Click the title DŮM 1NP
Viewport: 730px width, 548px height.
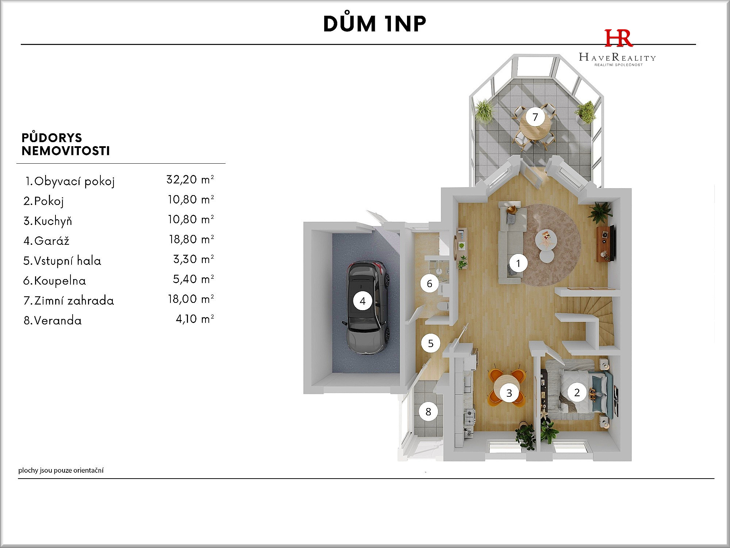click(x=374, y=24)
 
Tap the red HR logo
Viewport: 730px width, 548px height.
click(x=618, y=38)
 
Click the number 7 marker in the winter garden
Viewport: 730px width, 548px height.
click(x=535, y=117)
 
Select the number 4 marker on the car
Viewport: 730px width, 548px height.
click(x=362, y=301)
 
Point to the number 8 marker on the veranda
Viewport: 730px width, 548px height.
click(x=428, y=412)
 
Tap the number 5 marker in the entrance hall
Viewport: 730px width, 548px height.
click(x=431, y=343)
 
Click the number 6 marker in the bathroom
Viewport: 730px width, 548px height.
click(x=430, y=283)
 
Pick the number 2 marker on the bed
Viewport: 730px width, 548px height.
click(x=577, y=392)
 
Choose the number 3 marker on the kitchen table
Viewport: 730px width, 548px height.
click(x=509, y=393)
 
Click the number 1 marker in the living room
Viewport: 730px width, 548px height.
click(x=518, y=263)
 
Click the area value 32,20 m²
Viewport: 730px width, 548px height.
click(x=190, y=179)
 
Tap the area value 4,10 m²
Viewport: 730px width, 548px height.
click(x=195, y=319)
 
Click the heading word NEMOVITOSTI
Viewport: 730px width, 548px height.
click(x=66, y=151)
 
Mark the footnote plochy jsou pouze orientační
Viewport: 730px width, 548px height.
click(x=61, y=471)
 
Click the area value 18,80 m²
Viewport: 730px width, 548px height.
click(x=191, y=239)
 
